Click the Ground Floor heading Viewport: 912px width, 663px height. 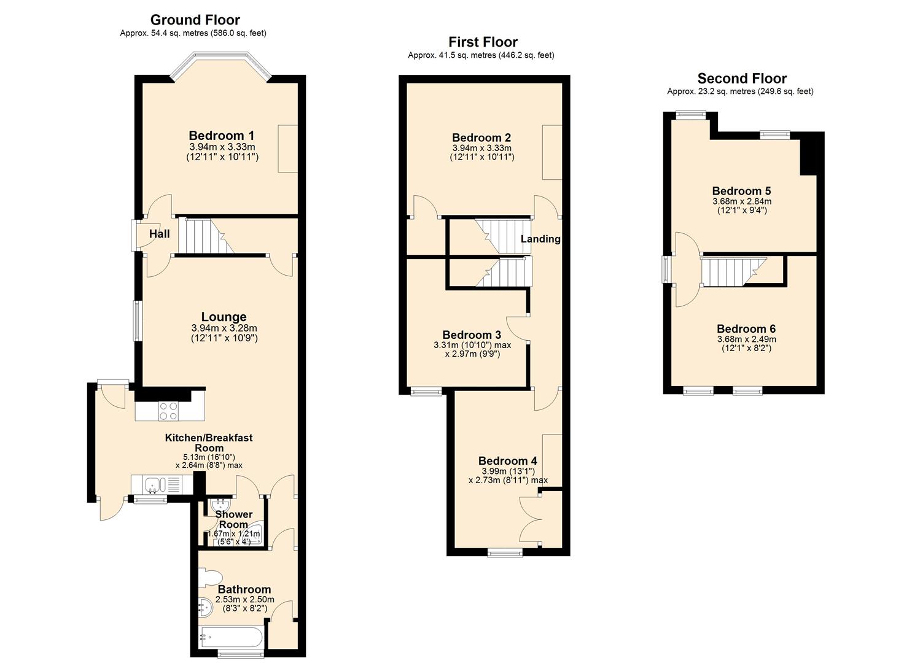(x=195, y=20)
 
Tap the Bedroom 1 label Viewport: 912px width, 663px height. (x=221, y=136)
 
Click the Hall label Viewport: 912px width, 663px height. (x=159, y=234)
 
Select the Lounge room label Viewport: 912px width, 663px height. (x=224, y=317)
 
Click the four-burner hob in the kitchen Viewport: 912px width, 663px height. (x=168, y=411)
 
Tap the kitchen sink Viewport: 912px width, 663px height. (x=153, y=485)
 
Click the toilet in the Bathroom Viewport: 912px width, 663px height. (x=210, y=578)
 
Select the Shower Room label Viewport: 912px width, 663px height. (x=233, y=519)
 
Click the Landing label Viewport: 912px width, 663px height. (x=540, y=239)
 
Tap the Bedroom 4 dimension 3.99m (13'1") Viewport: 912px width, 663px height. (x=507, y=471)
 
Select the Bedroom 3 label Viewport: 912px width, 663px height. (x=472, y=335)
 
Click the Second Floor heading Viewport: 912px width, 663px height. (x=741, y=79)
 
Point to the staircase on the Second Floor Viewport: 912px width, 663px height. (x=735, y=271)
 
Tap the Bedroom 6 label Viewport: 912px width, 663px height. (x=746, y=329)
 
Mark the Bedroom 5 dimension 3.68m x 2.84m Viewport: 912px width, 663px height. (x=741, y=201)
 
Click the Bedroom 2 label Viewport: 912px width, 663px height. (x=481, y=138)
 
